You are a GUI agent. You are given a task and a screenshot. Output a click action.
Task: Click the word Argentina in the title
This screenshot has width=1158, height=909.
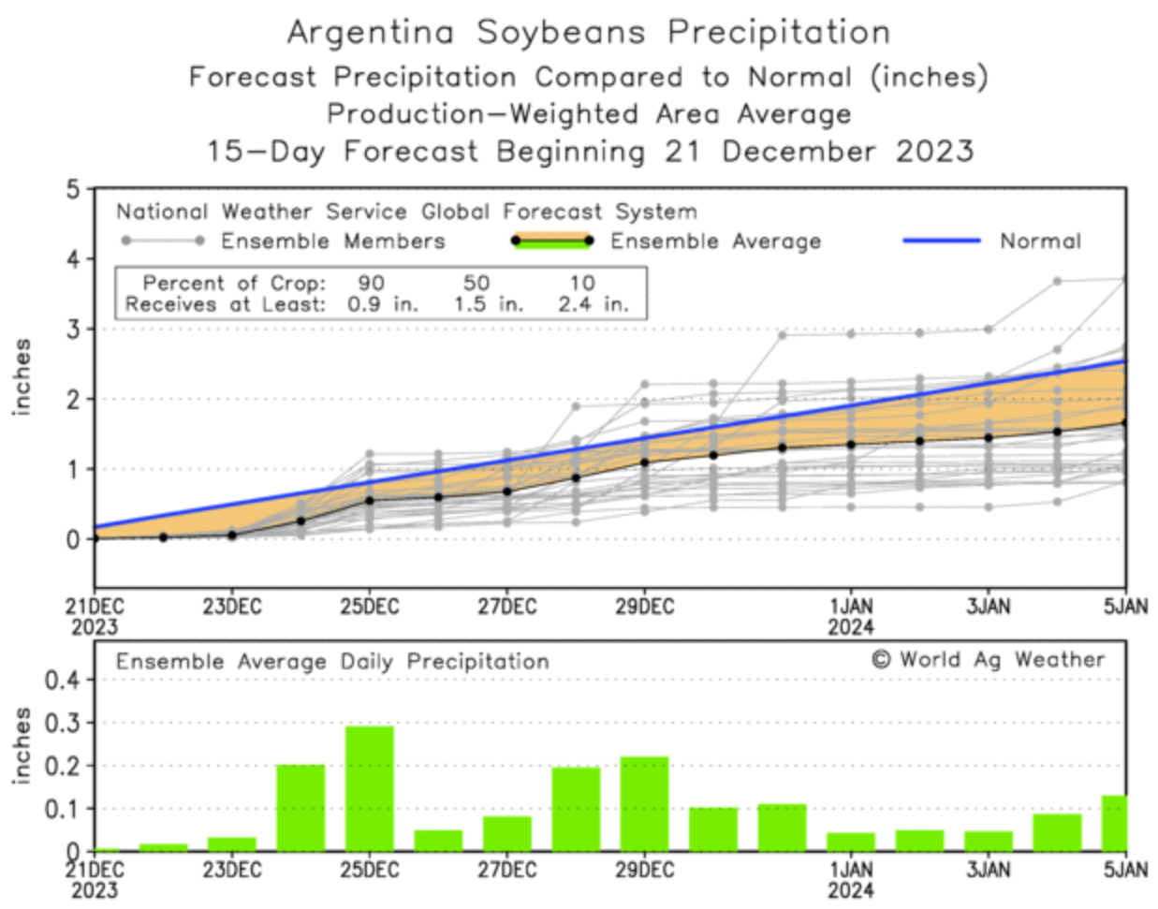[x=370, y=33]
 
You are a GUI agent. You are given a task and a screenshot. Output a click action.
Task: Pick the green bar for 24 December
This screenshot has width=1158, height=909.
[x=300, y=807]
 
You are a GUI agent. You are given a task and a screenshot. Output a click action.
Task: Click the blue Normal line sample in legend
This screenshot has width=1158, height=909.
[x=941, y=241]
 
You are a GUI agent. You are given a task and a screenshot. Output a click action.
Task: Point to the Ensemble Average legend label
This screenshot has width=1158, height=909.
[x=715, y=242]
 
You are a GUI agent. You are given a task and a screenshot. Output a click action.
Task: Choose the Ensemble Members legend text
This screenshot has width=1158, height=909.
[x=332, y=242]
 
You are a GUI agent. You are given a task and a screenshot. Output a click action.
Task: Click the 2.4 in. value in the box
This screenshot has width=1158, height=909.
[x=593, y=304]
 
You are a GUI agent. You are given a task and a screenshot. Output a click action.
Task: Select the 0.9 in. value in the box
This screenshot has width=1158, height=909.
[x=382, y=304]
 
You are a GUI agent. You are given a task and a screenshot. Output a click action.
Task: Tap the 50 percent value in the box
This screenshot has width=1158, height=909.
[x=476, y=283]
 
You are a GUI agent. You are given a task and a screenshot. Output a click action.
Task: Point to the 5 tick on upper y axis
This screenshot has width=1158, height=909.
[x=73, y=190]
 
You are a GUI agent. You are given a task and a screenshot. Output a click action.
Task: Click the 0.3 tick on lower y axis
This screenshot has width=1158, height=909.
[x=63, y=723]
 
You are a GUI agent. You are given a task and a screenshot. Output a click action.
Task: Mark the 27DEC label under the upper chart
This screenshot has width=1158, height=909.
[x=506, y=607]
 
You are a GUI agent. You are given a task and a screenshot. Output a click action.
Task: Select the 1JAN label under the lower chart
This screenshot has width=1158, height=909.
[x=850, y=871]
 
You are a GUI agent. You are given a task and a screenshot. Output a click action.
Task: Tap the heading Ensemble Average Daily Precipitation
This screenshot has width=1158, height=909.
[x=332, y=662]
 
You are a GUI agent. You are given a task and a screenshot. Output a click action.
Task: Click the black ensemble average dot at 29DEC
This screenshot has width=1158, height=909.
[x=644, y=462]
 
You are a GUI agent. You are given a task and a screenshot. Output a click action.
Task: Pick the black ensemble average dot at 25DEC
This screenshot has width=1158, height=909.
[x=369, y=501]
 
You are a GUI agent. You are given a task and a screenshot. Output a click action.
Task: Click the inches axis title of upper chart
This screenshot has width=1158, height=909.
[x=21, y=376]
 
